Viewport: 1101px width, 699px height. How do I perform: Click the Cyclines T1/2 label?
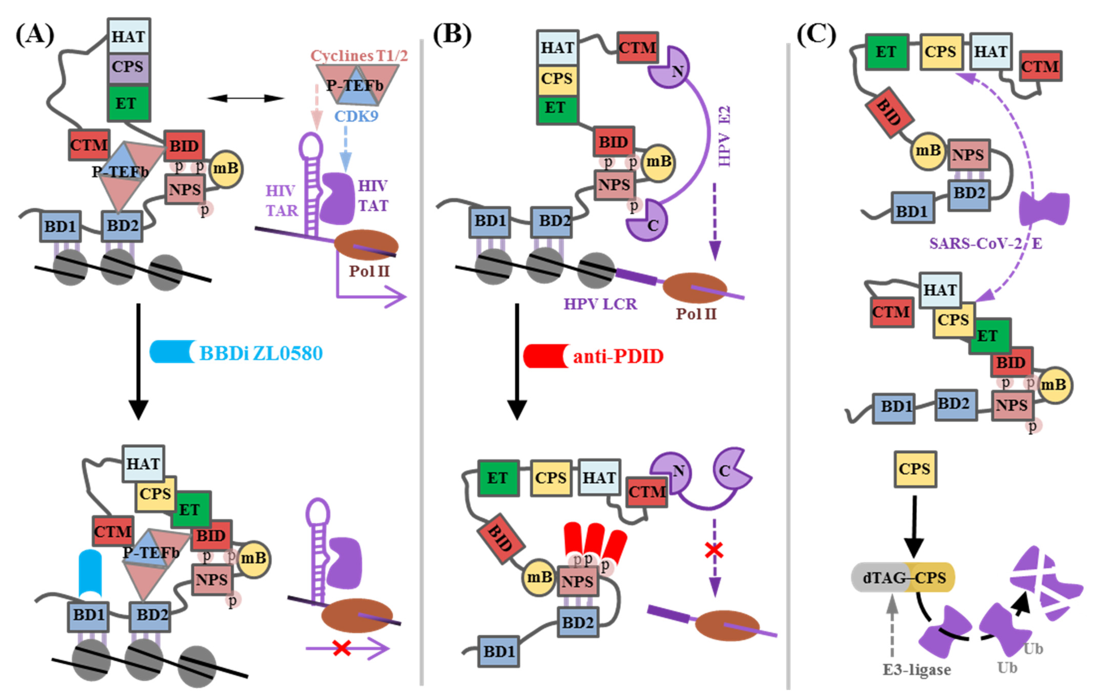[359, 56]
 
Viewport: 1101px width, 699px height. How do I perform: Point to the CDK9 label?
[356, 116]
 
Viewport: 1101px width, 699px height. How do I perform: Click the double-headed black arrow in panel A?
[245, 98]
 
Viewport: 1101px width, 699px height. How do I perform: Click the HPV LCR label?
[600, 304]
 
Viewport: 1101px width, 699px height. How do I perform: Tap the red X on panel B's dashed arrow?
[714, 550]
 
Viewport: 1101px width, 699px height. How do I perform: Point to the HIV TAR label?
[281, 200]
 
